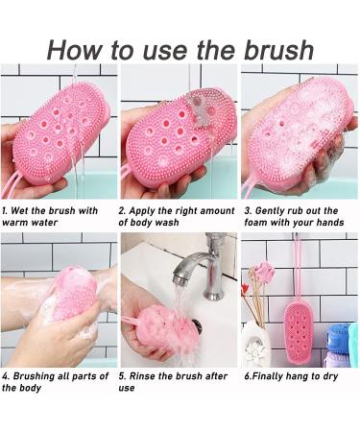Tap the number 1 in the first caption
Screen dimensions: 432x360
point(5,207)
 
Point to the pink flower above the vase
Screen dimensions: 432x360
point(265,275)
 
